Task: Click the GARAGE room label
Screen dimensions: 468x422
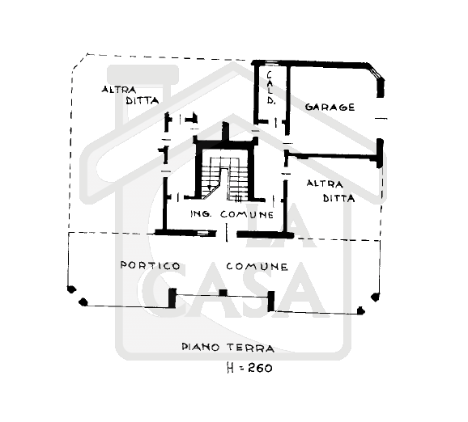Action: pos(330,107)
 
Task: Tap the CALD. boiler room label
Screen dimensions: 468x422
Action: pos(270,87)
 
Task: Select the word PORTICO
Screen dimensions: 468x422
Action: pos(150,265)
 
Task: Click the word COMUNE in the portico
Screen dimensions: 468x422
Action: pos(257,266)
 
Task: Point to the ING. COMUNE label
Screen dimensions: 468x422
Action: pos(232,214)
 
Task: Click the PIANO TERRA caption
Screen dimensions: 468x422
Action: pos(228,347)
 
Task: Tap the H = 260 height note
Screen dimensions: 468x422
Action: pos(249,368)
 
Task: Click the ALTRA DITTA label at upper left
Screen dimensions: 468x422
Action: pos(130,95)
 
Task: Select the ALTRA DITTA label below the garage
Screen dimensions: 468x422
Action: pos(330,191)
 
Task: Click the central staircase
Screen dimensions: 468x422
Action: pos(225,178)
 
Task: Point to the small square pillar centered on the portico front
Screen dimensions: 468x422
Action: pos(223,293)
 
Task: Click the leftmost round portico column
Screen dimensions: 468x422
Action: pos(71,289)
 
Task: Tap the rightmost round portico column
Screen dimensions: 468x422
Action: pos(376,298)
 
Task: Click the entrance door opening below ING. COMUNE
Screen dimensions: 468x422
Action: pos(227,234)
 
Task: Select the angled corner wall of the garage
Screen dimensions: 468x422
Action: pos(376,72)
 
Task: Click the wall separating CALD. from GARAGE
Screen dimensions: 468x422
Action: pos(288,99)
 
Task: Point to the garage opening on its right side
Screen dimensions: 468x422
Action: pos(381,118)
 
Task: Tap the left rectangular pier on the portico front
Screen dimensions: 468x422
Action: pos(172,298)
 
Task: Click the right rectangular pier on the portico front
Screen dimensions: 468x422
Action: pos(271,301)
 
